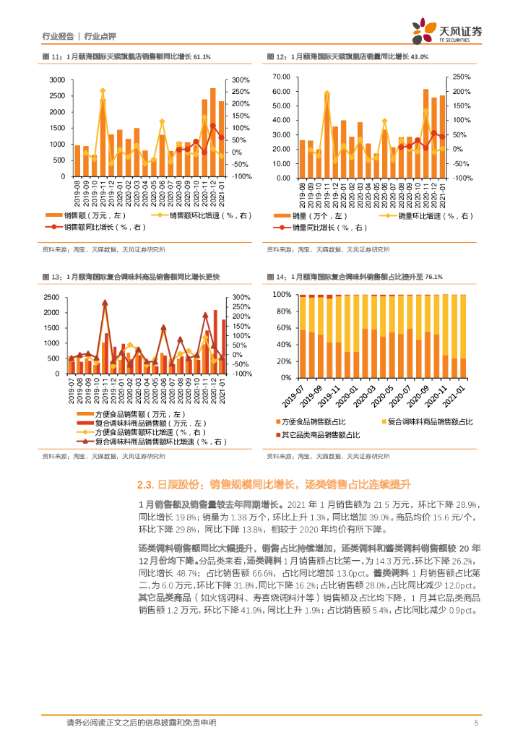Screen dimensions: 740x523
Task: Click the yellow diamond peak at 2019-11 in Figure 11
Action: [103, 91]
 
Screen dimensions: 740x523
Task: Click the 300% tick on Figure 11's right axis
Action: [241, 79]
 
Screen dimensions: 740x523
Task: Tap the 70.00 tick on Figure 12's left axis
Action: [281, 76]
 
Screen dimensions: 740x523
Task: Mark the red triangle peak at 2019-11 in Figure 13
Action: [105, 304]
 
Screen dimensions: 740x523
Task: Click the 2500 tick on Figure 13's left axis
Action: [51, 297]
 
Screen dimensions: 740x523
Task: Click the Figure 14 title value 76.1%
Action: [433, 277]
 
